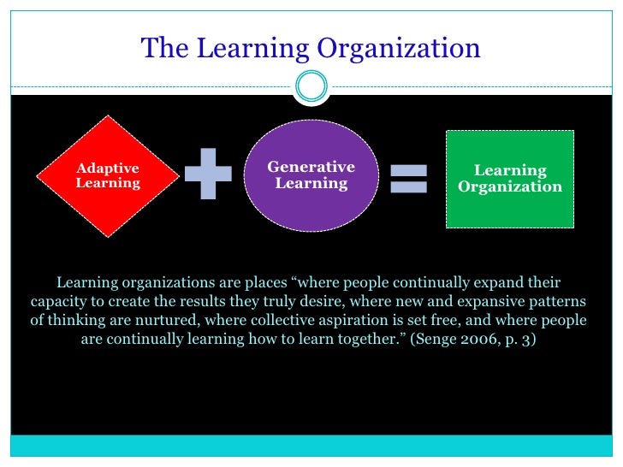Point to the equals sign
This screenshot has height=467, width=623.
coord(409,178)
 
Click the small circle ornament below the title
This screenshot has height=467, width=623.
coord(311,86)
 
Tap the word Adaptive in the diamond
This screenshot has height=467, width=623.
coord(108,168)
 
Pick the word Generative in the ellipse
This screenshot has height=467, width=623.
coord(311,167)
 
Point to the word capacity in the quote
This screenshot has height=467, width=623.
coord(59,301)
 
